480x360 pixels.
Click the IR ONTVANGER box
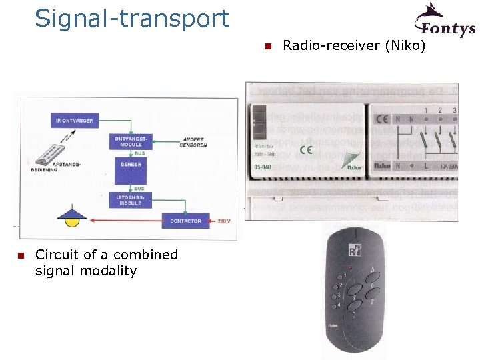[x=75, y=121]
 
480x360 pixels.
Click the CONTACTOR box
[x=185, y=221]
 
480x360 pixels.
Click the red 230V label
[x=223, y=221]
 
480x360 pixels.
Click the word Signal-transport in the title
[x=132, y=19]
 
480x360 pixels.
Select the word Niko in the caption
[x=407, y=46]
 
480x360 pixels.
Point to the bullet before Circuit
[x=21, y=255]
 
